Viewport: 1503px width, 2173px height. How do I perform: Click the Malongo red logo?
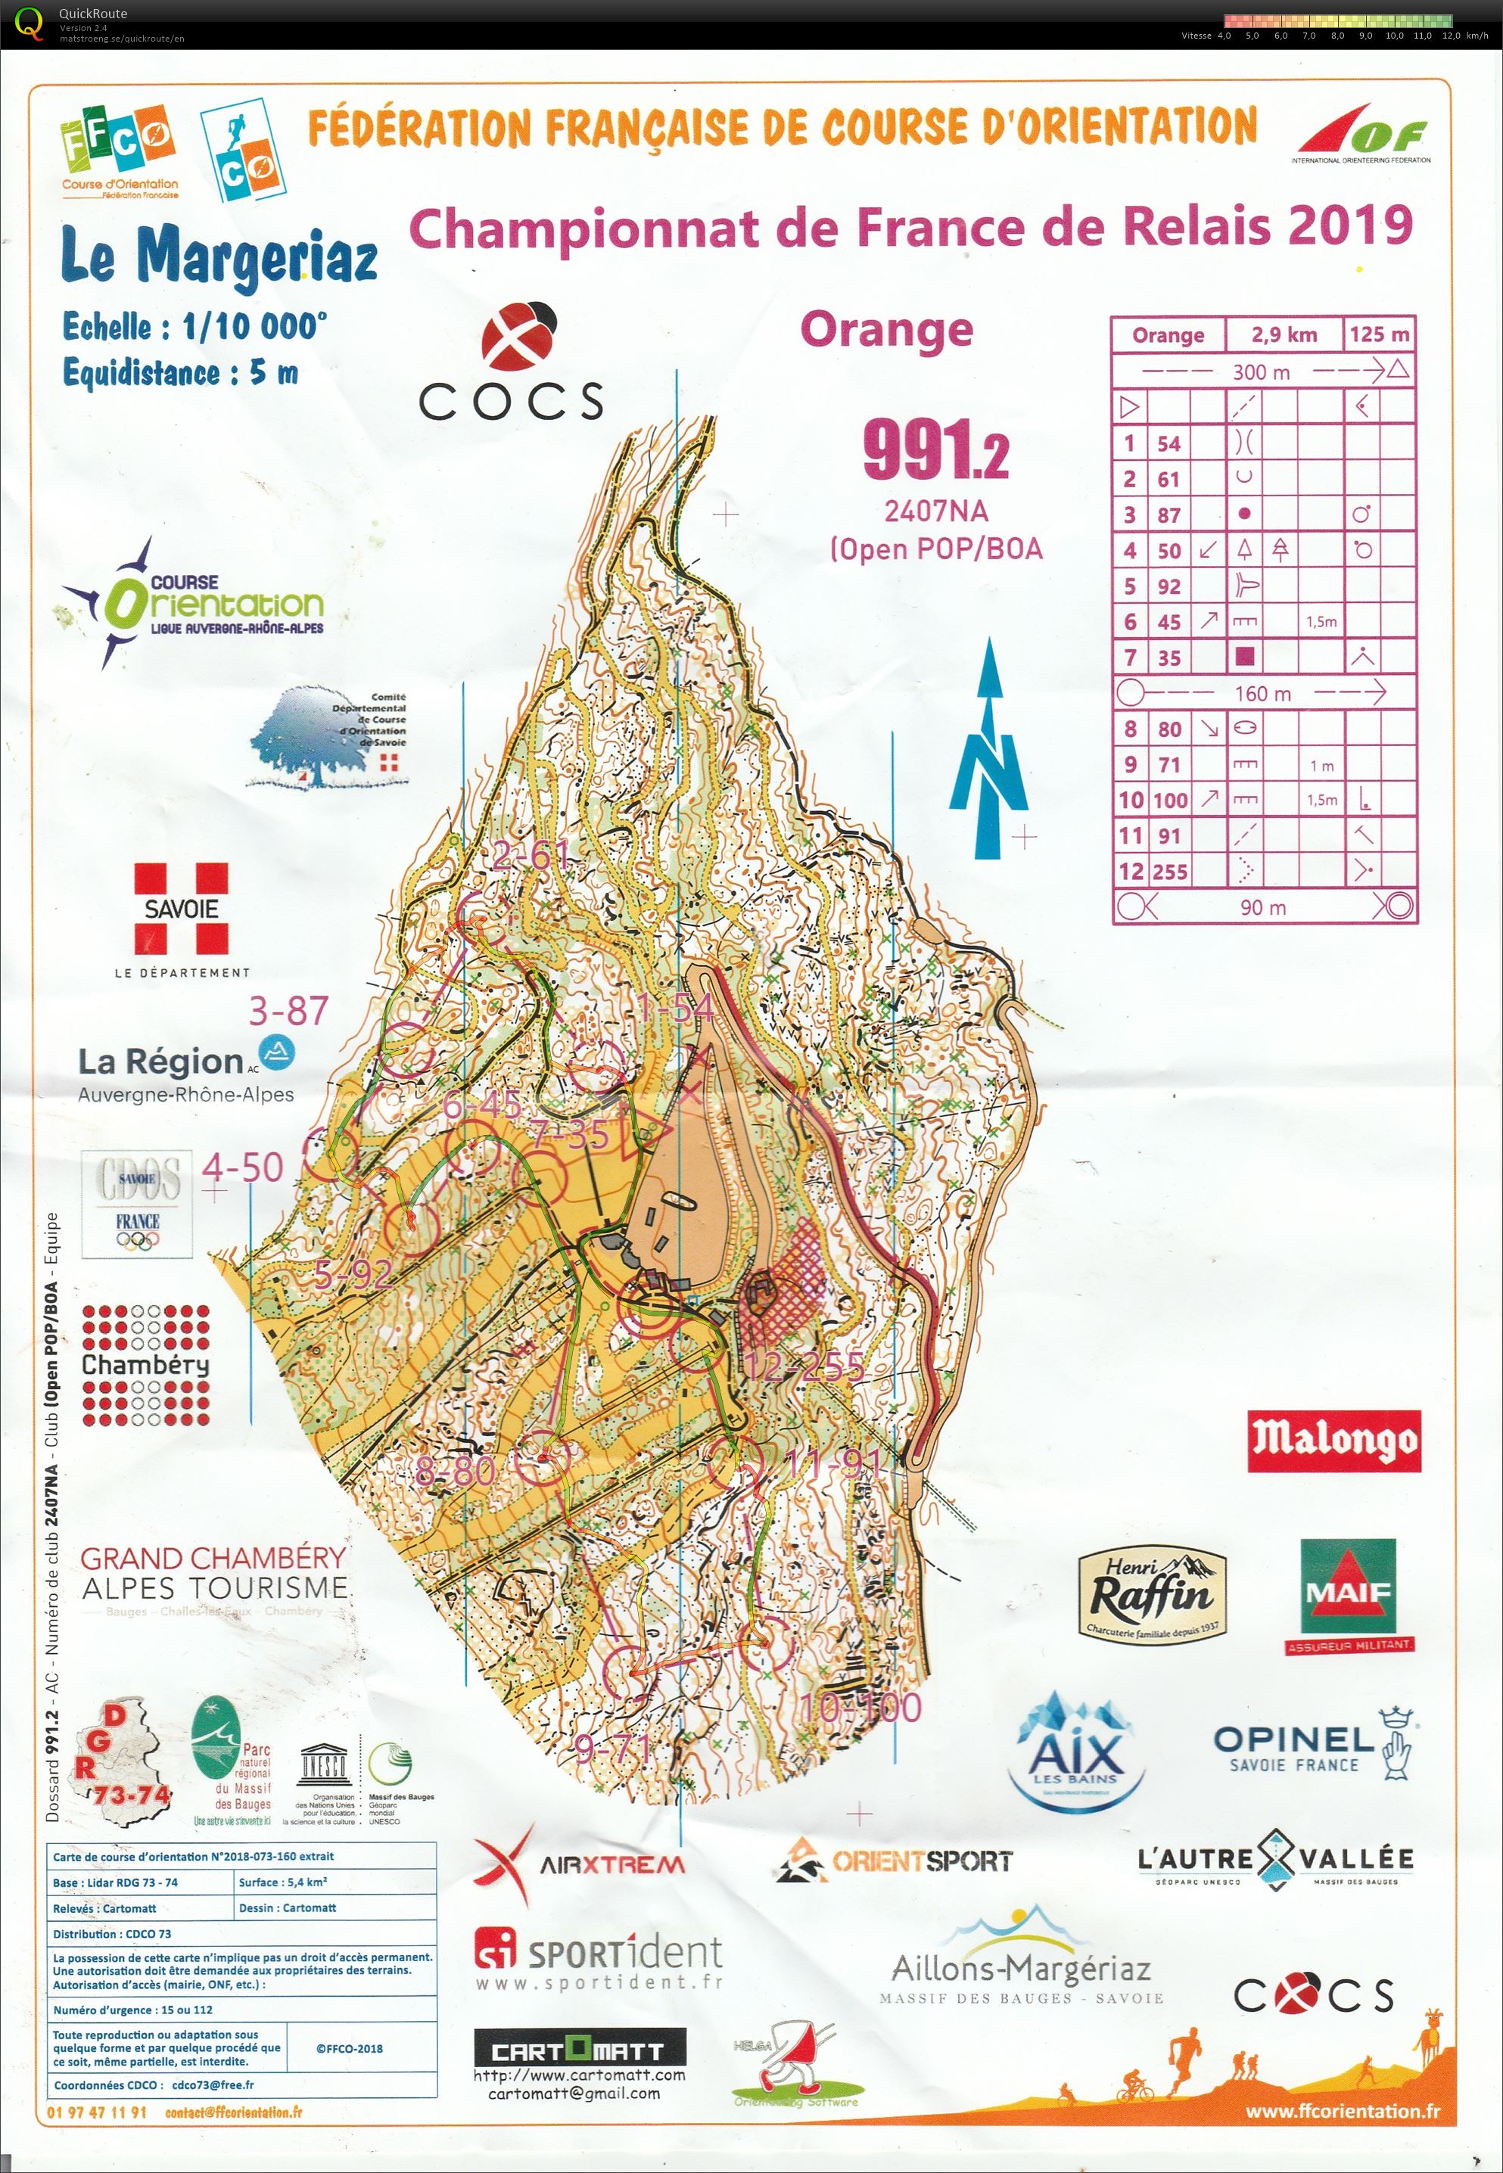(x=1333, y=1441)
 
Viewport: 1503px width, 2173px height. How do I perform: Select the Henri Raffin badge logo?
(x=1152, y=1594)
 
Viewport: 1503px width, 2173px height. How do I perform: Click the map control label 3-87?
(x=288, y=1010)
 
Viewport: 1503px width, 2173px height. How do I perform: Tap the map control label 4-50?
(x=243, y=1167)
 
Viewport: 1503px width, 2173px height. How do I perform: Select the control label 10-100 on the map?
(x=859, y=1707)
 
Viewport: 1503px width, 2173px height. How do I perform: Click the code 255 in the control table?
(x=1169, y=872)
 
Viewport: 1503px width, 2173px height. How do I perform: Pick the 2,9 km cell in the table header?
(x=1284, y=334)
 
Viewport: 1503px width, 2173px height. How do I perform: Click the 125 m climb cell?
(x=1379, y=334)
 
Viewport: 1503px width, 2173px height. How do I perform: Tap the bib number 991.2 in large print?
(x=935, y=450)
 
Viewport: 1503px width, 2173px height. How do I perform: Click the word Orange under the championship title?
(x=886, y=330)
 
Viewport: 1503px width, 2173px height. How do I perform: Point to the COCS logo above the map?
(x=512, y=362)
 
